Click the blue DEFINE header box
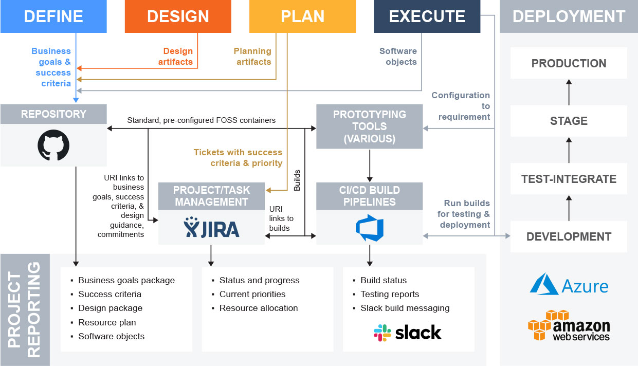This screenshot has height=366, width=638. pyautogui.click(x=53, y=16)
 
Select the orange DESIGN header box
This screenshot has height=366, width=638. pyautogui.click(x=178, y=16)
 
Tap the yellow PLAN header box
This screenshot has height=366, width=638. pyautogui.click(x=302, y=16)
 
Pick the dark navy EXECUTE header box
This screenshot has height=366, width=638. pyautogui.click(x=427, y=16)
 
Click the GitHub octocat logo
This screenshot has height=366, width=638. pyautogui.click(x=53, y=145)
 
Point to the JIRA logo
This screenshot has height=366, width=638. pyautogui.click(x=211, y=227)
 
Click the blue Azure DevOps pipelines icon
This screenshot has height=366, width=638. pyautogui.click(x=370, y=228)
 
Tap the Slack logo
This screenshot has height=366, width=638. pyautogui.click(x=407, y=333)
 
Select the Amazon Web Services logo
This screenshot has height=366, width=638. pyautogui.click(x=569, y=325)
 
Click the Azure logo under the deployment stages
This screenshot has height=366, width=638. pyautogui.click(x=569, y=284)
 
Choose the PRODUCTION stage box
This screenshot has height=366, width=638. pyautogui.click(x=569, y=63)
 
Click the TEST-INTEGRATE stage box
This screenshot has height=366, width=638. pyautogui.click(x=569, y=179)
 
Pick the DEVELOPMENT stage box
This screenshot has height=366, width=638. pyautogui.click(x=569, y=236)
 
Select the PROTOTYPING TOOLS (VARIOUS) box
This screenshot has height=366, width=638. pyautogui.click(x=370, y=126)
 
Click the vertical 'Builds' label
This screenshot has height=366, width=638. pyautogui.click(x=297, y=180)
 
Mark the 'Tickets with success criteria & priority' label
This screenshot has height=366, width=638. pyautogui.click(x=238, y=157)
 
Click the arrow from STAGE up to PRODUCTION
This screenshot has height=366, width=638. pyautogui.click(x=569, y=92)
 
